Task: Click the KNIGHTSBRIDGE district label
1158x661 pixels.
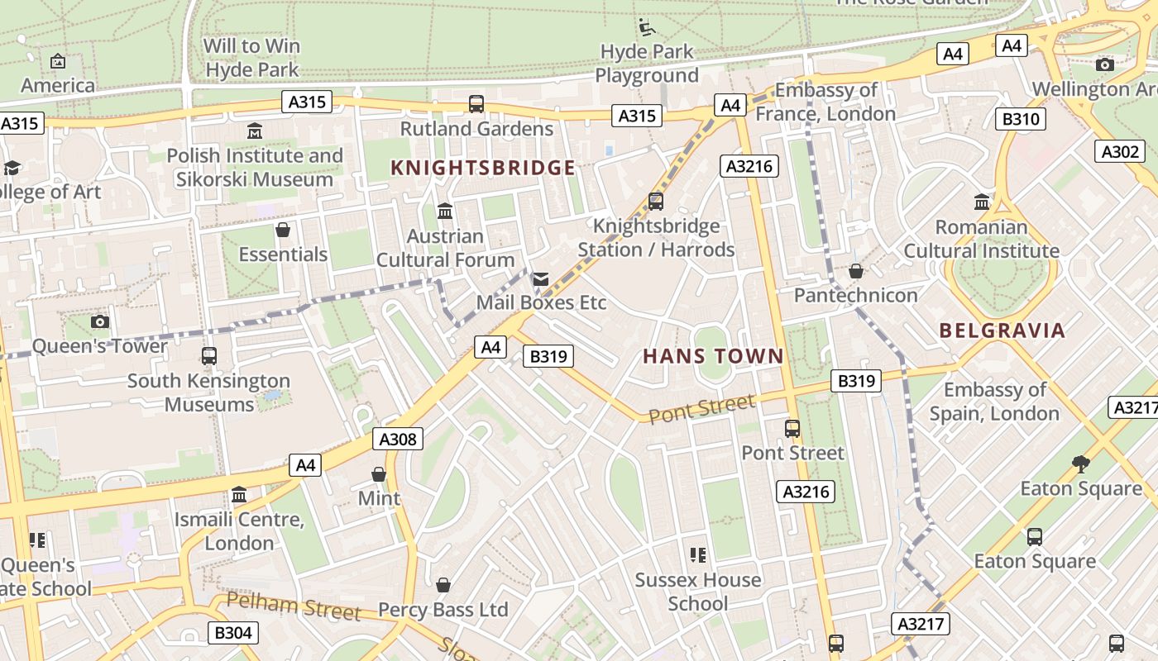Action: coord(482,168)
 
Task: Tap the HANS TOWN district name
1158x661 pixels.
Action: coord(713,356)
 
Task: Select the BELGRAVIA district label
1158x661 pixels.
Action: coord(1002,330)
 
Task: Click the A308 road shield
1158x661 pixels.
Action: coord(400,439)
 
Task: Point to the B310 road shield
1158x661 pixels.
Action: coord(1020,119)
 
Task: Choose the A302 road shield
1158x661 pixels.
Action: coord(1120,151)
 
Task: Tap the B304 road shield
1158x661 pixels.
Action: coord(232,633)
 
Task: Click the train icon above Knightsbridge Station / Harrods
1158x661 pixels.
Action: coord(656,201)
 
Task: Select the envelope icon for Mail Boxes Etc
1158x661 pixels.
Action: coord(541,279)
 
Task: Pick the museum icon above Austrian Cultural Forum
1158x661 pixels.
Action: coord(445,212)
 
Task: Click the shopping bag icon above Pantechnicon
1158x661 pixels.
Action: coord(856,271)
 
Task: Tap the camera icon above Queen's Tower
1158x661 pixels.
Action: coord(100,321)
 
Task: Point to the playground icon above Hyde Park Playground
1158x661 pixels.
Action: coord(646,27)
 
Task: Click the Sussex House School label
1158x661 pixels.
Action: coord(697,592)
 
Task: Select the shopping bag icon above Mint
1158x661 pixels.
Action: coord(379,474)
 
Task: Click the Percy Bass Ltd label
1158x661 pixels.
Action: coord(443,610)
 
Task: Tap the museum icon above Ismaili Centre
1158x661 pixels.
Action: coord(239,495)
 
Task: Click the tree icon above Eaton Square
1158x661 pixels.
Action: coord(1080,464)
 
